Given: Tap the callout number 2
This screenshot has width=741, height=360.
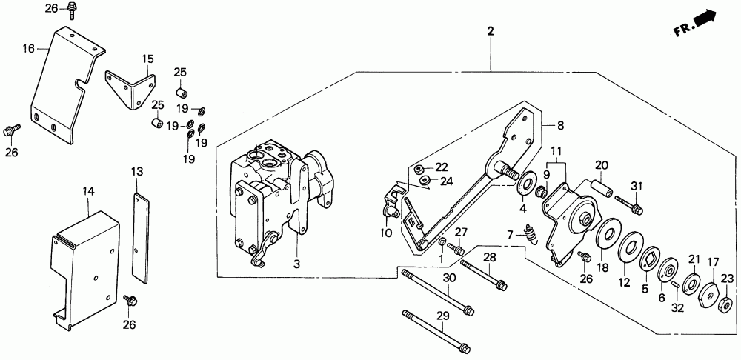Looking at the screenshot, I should click(x=490, y=31).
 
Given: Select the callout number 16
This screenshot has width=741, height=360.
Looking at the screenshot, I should click(x=29, y=49).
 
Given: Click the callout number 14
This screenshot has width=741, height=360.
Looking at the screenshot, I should click(x=88, y=191).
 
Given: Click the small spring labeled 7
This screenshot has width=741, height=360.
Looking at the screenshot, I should click(x=531, y=236).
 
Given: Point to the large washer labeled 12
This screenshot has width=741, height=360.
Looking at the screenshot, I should click(x=631, y=246).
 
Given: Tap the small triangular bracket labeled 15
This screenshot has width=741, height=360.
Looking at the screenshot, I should click(x=132, y=87).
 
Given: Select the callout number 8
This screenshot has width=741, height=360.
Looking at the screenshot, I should click(x=561, y=125).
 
